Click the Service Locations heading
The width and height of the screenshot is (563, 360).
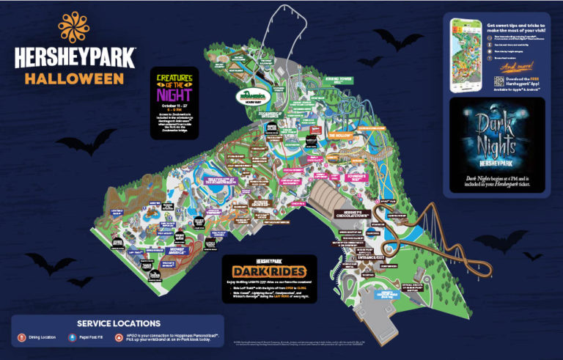coord(118,323)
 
